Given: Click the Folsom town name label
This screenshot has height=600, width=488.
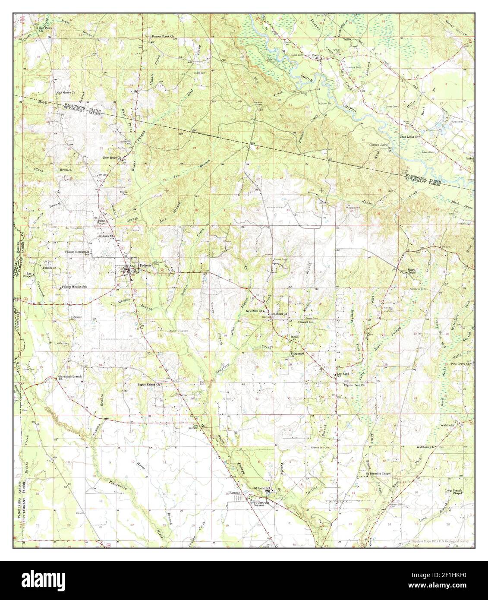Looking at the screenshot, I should click(x=145, y=265).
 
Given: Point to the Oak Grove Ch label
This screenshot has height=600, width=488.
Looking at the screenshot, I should click(x=66, y=93).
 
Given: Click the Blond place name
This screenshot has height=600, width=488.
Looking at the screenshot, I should click(x=295, y=337).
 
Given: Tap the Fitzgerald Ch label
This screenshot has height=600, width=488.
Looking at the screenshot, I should click(x=298, y=354).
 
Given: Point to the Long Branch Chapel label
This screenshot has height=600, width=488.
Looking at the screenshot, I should click(x=457, y=492).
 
